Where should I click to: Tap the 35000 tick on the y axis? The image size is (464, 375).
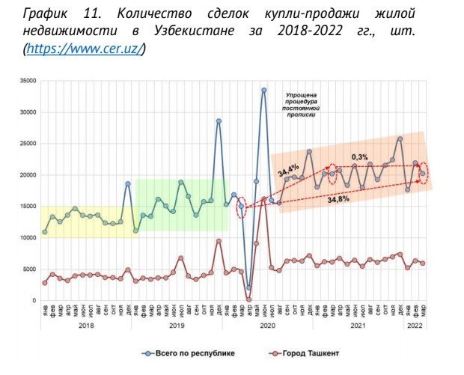28,81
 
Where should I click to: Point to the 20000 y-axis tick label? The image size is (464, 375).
28,175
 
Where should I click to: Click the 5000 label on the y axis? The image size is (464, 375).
30,269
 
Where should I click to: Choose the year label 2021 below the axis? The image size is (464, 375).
360,326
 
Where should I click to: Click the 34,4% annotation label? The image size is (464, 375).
288,171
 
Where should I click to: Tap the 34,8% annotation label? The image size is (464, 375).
338,201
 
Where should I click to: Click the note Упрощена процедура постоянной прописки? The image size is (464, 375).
302,106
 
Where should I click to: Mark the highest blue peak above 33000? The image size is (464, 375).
263,90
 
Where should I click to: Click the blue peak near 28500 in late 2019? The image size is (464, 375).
219,121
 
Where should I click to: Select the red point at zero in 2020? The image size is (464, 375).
248,299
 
